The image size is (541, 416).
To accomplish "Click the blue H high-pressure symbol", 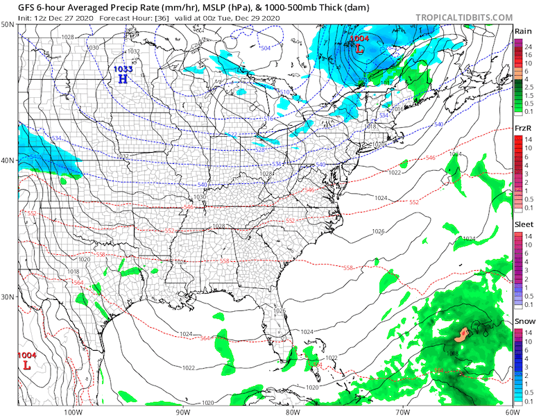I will [123, 79].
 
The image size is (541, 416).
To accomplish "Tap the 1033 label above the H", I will [123, 69].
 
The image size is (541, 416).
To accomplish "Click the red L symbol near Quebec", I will [359, 49].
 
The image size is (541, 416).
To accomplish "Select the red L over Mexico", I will [26, 365].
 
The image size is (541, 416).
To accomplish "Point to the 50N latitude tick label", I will [8, 24].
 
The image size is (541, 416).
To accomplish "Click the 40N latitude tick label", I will [8, 160].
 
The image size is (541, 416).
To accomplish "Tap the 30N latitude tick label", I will [8, 297].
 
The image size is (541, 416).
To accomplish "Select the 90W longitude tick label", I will [183, 410].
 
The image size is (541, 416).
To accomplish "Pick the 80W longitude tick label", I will [292, 410].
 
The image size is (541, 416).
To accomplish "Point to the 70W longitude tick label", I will [402, 410].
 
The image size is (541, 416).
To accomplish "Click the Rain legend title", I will [523, 31].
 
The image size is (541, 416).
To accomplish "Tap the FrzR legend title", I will [523, 128].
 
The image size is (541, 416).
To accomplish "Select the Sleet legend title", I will [523, 225].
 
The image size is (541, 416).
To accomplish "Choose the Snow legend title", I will [523, 322].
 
